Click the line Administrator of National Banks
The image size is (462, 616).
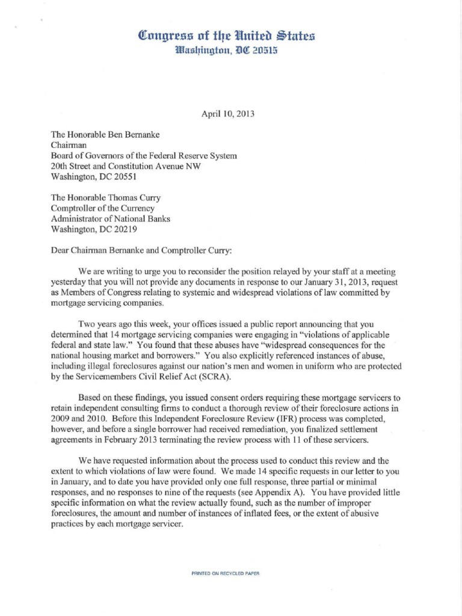point(110,219)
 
